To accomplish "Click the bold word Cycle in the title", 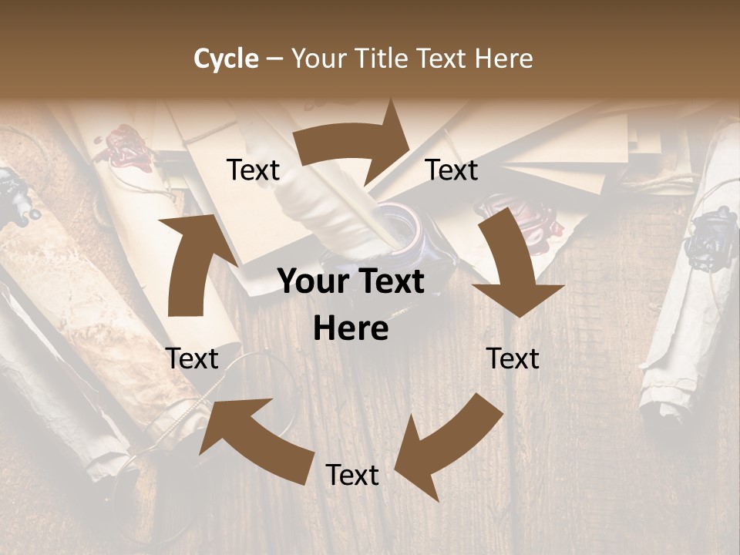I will [226, 59].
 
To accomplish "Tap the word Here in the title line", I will [503, 59].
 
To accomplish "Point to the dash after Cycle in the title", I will [274, 59].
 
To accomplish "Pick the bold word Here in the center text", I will [351, 329].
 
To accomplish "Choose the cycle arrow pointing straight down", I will [513, 266].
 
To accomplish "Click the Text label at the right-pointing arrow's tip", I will [452, 170].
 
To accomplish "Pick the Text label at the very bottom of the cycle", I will [351, 475].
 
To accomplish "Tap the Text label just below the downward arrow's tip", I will [513, 358].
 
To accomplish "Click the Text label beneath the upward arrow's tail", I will [192, 358].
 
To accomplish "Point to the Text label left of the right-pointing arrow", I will [253, 170].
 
